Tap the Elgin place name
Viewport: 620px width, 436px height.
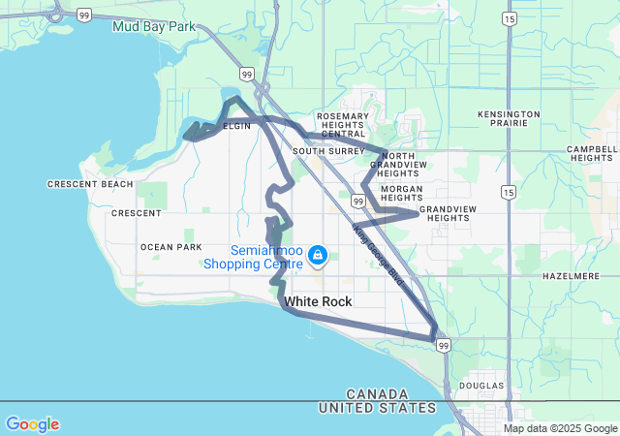click(237, 126)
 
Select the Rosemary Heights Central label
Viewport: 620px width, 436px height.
click(343, 124)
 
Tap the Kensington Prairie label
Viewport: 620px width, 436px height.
click(509, 120)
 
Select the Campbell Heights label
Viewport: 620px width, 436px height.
click(593, 153)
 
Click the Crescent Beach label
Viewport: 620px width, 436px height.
click(89, 184)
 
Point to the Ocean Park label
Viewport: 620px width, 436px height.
click(170, 247)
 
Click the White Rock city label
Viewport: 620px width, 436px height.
click(318, 301)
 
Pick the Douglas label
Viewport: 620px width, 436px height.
click(482, 386)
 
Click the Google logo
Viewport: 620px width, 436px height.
click(32, 424)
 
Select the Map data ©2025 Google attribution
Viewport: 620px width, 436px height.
click(559, 428)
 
